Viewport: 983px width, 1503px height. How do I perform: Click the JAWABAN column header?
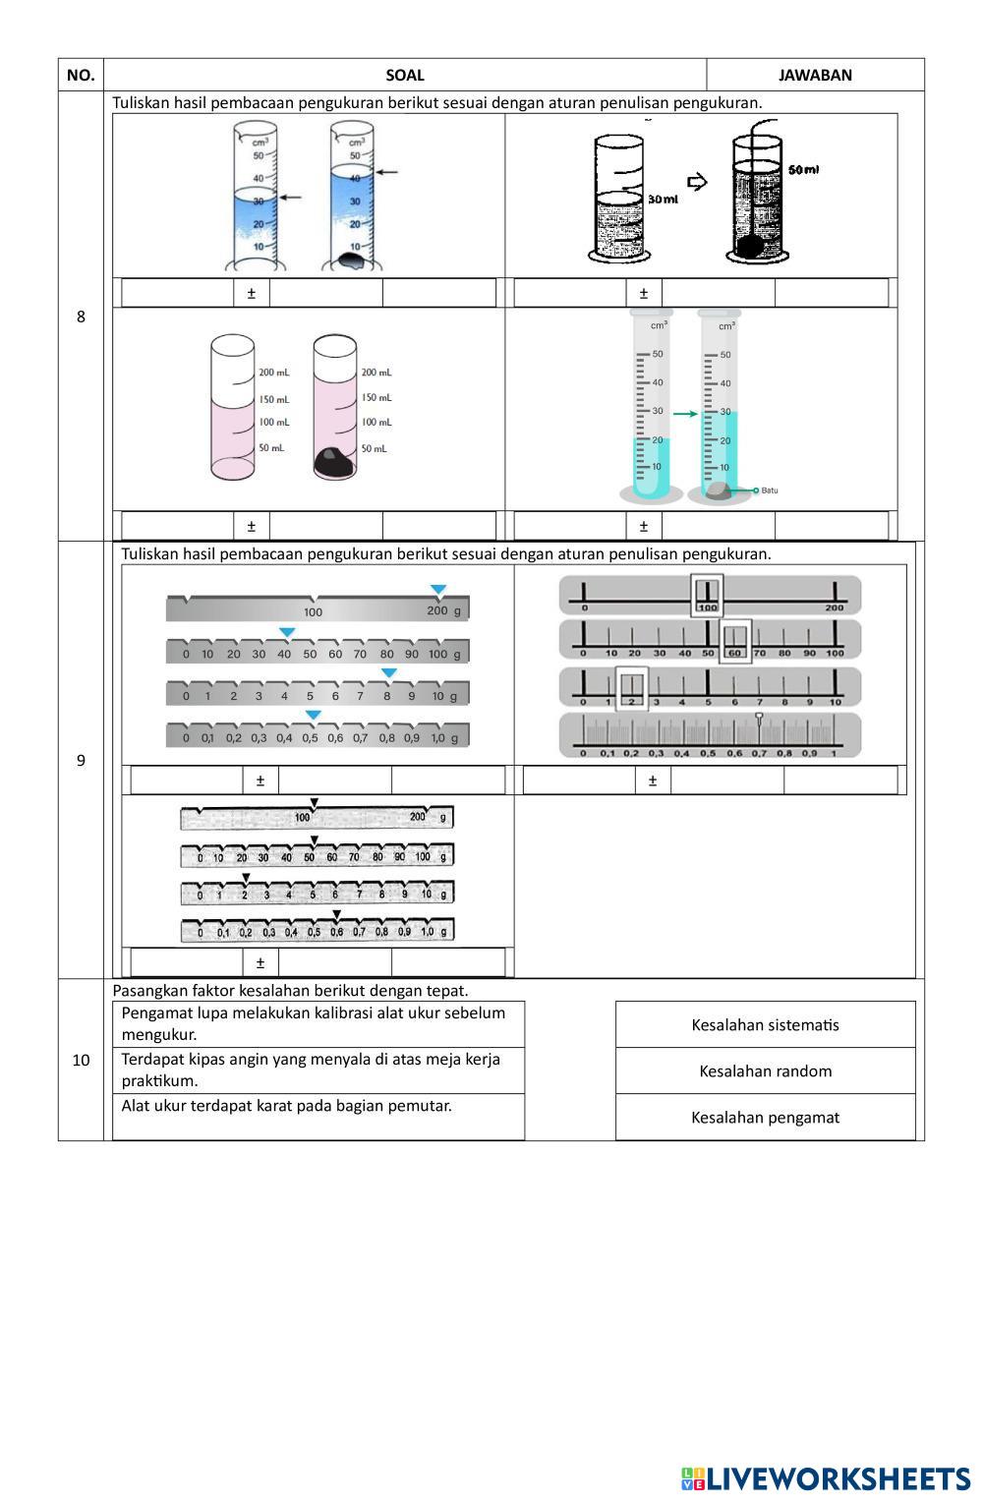click(x=815, y=75)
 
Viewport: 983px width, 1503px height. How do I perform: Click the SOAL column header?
click(x=405, y=75)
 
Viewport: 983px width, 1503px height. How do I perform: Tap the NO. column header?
click(x=81, y=75)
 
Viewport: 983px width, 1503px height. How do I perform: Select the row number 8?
click(x=81, y=317)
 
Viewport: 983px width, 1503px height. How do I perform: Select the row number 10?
click(x=81, y=1060)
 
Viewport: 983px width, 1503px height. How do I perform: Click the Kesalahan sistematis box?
click(x=765, y=1024)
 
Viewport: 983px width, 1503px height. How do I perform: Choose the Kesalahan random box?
click(x=765, y=1070)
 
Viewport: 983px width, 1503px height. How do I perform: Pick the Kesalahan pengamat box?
click(x=765, y=1117)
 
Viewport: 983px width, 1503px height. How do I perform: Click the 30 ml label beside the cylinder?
click(x=664, y=200)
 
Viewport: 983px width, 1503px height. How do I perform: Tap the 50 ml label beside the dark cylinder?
click(x=803, y=169)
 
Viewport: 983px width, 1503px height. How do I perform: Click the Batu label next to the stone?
click(x=769, y=490)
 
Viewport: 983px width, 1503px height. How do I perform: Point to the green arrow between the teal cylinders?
click(x=685, y=415)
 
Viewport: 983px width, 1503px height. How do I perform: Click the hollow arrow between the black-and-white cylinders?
click(x=697, y=182)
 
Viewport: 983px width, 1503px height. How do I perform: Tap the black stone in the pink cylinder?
click(x=334, y=462)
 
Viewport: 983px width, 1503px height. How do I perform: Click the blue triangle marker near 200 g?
click(x=438, y=590)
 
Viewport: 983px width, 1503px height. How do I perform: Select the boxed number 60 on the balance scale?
click(x=735, y=653)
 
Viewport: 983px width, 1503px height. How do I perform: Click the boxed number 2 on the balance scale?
click(x=632, y=701)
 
